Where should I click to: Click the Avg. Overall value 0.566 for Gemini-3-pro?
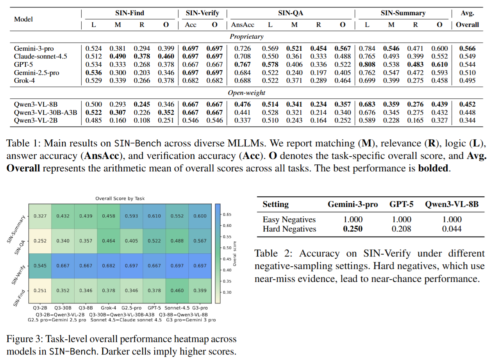(467, 49)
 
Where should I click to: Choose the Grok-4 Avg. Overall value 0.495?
(467, 80)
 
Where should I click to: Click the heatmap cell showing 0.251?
(40, 290)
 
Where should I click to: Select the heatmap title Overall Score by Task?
(120, 198)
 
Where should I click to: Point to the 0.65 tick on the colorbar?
(226, 214)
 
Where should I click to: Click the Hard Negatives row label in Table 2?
(289, 229)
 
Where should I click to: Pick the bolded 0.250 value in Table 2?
(353, 229)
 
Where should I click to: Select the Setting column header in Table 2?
(275, 204)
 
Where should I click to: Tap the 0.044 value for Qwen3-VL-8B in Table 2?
(452, 229)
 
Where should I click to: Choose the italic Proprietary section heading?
(246, 36)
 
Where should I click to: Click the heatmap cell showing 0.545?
(40, 265)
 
